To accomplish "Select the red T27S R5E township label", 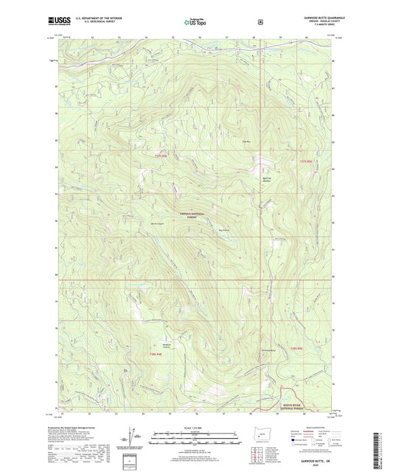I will pos(307,162).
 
